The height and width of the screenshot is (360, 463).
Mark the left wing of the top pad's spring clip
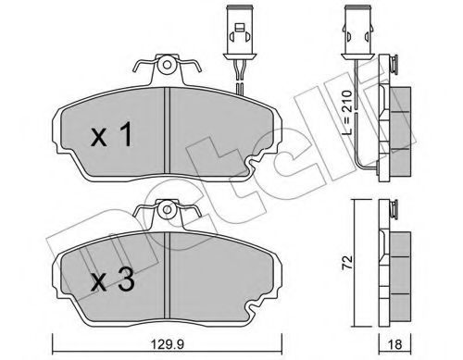pos(142,70)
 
